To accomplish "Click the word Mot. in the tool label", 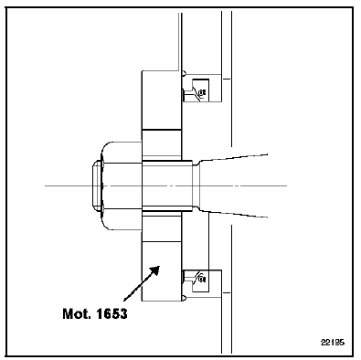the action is click(77, 313).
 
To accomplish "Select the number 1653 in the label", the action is click(111, 313).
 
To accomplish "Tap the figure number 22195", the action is click(333, 343).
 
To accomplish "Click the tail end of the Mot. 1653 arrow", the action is click(124, 301).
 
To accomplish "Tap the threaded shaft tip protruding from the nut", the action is click(97, 185).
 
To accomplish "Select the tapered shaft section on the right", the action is click(234, 185).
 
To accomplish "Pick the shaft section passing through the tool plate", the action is click(167, 185).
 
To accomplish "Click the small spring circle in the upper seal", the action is click(201, 92).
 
